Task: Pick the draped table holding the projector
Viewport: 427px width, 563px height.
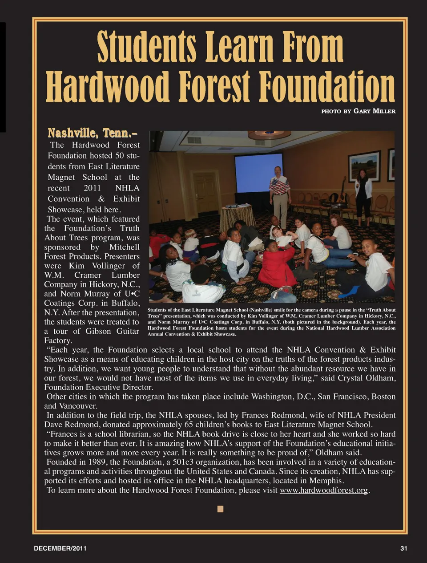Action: pos(238,216)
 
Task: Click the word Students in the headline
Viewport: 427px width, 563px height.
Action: pos(146,47)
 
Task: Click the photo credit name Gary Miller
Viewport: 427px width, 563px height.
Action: pos(374,111)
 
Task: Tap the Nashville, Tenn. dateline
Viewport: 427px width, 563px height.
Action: pos(92,133)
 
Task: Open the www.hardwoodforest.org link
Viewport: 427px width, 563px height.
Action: pos(323,490)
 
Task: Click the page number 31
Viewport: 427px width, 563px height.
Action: pos(403,548)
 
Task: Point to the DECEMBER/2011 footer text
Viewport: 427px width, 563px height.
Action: pos(60,548)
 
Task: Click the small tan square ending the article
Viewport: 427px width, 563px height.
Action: pos(220,509)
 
